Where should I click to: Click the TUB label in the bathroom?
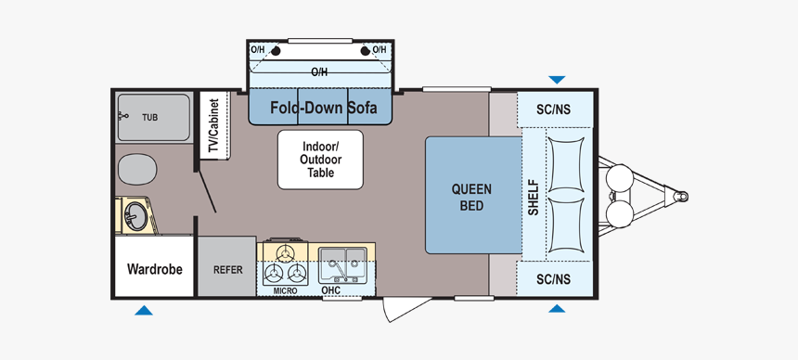[x=149, y=118]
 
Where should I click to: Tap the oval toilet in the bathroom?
[x=137, y=169]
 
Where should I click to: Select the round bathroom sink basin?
[x=135, y=216]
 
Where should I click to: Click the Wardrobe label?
[x=154, y=269]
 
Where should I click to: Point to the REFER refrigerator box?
[x=227, y=265]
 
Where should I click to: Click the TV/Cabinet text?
[x=213, y=125]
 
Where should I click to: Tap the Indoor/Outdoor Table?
[x=320, y=160]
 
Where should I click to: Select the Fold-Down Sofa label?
[x=323, y=108]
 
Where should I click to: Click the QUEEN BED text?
[x=471, y=198]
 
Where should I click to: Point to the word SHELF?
[x=533, y=197]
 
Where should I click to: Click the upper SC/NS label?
[x=554, y=109]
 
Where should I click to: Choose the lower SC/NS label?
[x=554, y=279]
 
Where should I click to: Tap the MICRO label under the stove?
[x=285, y=290]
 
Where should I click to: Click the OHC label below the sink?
[x=330, y=290]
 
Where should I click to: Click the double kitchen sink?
[x=342, y=264]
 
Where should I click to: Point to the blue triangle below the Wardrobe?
[x=144, y=311]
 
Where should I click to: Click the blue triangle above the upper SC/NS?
[x=557, y=80]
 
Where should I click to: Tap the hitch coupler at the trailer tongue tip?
[x=680, y=196]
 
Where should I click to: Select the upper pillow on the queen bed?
[x=565, y=164]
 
